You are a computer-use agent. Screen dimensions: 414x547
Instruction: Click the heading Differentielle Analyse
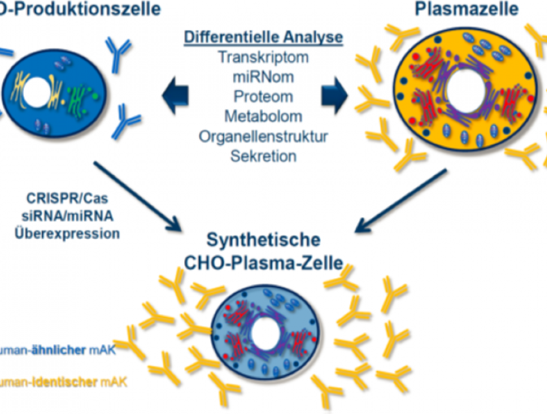click(263, 37)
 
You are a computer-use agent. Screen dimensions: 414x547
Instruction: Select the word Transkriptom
click(263, 57)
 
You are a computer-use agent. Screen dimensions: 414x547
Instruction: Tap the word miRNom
click(263, 77)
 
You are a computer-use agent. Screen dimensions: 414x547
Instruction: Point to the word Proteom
click(263, 97)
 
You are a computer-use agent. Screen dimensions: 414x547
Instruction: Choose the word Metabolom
click(263, 116)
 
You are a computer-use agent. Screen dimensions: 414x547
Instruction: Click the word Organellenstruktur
click(263, 136)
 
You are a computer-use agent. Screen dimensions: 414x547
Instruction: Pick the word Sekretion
click(263, 156)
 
